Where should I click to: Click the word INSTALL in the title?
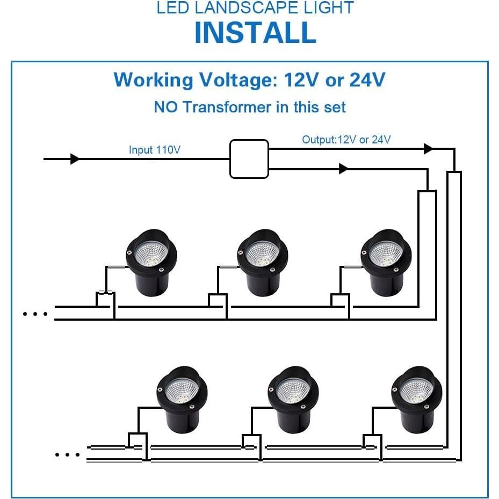[x=255, y=32]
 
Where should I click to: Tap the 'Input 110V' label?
[x=154, y=149]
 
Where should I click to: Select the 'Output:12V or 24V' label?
[x=346, y=140]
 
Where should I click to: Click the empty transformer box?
[x=249, y=159]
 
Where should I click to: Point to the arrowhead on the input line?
[x=75, y=159]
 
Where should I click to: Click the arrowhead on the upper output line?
[x=428, y=149]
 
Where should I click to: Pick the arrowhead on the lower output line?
[x=344, y=169]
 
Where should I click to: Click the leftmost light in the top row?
[x=151, y=263]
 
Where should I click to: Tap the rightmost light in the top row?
[x=386, y=263]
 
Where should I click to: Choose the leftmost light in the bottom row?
[x=182, y=400]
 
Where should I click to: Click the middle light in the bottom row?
[x=293, y=400]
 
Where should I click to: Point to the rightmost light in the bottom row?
[x=417, y=400]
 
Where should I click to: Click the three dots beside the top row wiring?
[x=35, y=314]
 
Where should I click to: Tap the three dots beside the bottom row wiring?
[x=68, y=454]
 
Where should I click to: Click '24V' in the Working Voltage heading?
[x=367, y=79]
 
